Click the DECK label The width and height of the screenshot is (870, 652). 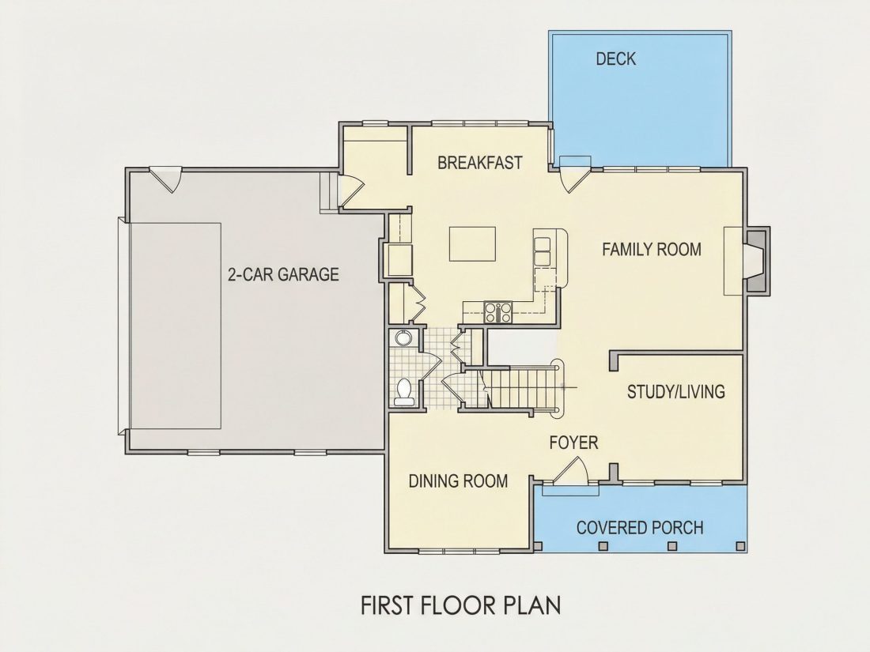615,58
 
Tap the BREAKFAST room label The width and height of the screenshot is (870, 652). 480,163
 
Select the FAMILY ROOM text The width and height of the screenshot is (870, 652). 652,250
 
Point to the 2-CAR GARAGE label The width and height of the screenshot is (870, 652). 283,274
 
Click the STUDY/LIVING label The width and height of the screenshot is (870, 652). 675,392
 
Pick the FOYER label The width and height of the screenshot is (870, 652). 573,443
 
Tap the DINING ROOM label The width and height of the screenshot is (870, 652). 458,481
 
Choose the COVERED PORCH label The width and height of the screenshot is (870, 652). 640,527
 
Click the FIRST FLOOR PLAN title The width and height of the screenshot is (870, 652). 460,605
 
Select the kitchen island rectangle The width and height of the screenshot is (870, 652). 472,243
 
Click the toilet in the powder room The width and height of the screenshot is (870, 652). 403,391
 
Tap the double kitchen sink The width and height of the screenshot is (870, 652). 542,251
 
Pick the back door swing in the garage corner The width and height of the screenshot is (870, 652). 165,179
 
